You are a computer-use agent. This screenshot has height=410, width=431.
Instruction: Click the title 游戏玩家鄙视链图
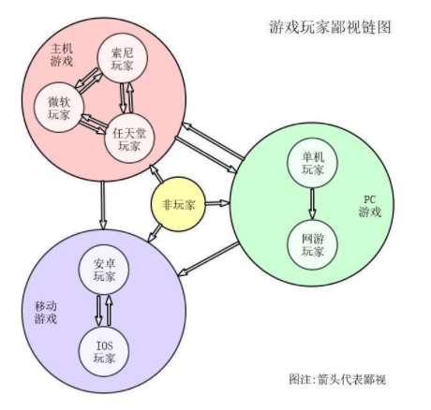tap(330, 27)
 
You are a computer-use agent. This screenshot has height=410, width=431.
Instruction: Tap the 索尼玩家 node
tap(122, 58)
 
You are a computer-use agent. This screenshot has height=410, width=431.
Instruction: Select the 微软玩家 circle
tap(59, 108)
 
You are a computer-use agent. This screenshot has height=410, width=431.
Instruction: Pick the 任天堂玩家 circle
tap(129, 139)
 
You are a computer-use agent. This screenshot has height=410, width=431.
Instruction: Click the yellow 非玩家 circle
tap(178, 204)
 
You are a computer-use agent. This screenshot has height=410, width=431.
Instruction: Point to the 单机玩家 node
tap(312, 163)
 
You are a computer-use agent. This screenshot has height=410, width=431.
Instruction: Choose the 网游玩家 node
tap(312, 245)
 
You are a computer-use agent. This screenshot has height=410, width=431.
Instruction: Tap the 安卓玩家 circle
tap(104, 270)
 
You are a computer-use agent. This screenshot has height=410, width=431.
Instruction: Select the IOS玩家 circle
tap(104, 352)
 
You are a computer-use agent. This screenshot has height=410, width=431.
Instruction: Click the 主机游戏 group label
tap(62, 55)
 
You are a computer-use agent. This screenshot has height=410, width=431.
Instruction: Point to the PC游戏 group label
tap(370, 206)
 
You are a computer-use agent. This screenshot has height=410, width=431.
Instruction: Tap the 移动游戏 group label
tap(46, 313)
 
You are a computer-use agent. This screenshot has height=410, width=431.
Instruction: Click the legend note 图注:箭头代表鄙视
tap(337, 379)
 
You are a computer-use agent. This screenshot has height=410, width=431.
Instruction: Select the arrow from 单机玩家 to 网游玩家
tap(312, 203)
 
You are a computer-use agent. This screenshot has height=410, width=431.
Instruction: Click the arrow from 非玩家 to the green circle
tap(217, 203)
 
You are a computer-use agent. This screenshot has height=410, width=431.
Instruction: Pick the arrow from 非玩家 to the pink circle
tap(156, 174)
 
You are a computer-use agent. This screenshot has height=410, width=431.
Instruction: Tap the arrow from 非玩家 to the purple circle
tap(155, 234)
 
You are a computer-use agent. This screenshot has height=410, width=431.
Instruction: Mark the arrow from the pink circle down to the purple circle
tap(103, 205)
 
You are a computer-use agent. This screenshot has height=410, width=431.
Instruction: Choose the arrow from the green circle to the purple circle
tap(208, 259)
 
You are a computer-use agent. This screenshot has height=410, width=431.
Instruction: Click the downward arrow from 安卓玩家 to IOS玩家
tap(98, 311)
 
